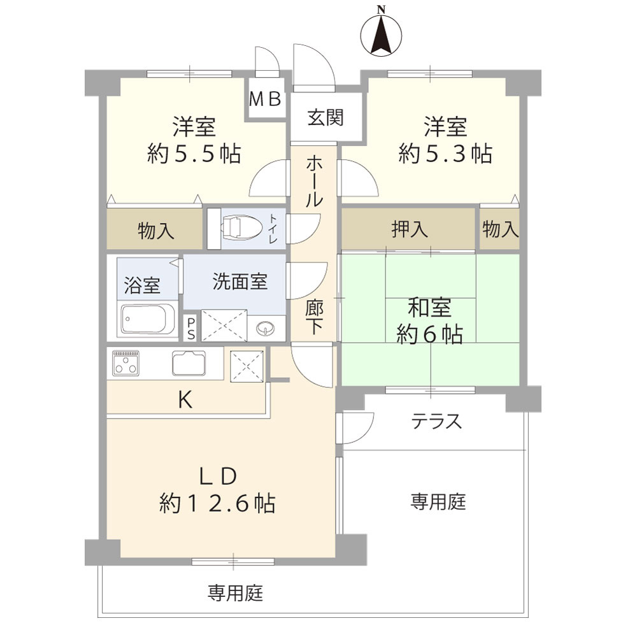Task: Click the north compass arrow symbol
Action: [381, 32]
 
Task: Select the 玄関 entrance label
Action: [326, 117]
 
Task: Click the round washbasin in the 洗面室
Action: [264, 328]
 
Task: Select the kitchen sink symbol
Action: [189, 364]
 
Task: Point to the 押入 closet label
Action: [410, 229]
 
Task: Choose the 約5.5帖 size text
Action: [193, 154]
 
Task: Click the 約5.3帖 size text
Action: [445, 154]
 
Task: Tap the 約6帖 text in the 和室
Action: [430, 334]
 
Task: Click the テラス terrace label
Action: [436, 421]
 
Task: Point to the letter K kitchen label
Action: [185, 399]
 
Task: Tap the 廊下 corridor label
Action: [313, 317]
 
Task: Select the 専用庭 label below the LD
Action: [235, 594]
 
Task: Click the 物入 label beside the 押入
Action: [500, 229]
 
